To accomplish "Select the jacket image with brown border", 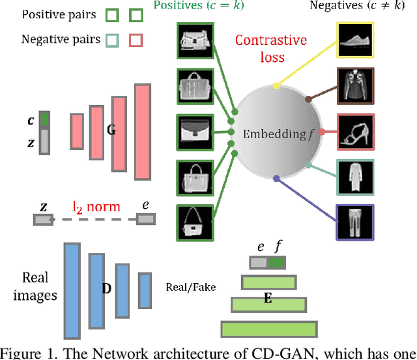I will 355,85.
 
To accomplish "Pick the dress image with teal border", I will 355,177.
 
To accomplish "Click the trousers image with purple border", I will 355,222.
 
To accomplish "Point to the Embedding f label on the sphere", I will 274,134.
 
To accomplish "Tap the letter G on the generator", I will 111,130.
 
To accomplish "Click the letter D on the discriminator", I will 106,288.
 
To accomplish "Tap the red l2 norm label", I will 96,207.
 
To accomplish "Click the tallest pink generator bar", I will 142,131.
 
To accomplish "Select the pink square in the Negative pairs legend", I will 136,40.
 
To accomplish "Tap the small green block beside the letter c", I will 44,120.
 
